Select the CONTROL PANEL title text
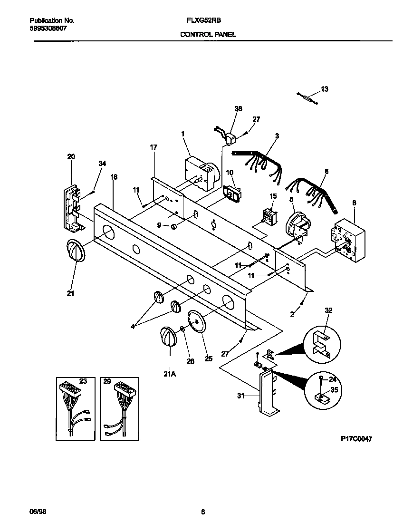(208, 35)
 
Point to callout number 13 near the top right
(325, 89)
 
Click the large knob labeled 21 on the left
(74, 250)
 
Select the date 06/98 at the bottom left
(38, 512)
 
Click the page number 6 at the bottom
(203, 512)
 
